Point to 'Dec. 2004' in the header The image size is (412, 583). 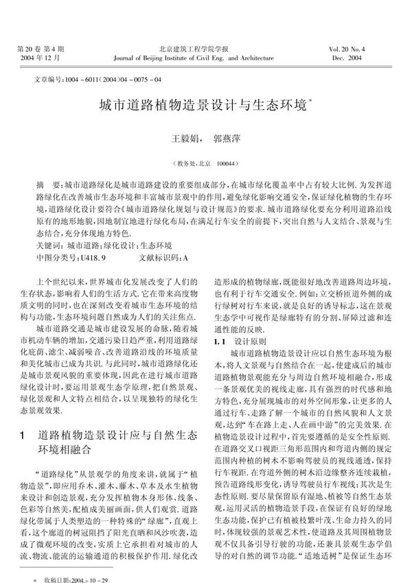tap(376, 59)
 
